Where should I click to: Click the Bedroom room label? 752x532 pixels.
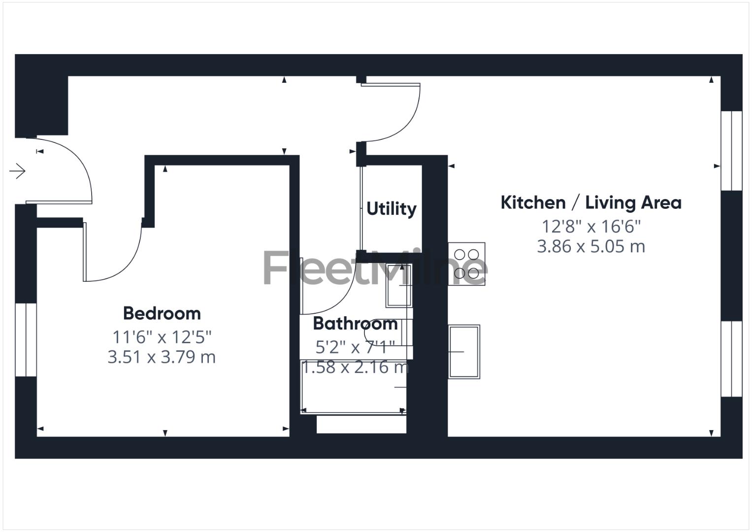point(162,313)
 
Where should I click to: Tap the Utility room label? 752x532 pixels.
point(392,209)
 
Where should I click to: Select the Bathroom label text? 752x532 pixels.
point(355,324)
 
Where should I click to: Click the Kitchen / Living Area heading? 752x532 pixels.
point(591,202)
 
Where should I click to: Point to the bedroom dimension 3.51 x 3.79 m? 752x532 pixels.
point(162,357)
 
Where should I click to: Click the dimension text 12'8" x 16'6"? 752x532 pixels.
point(591,227)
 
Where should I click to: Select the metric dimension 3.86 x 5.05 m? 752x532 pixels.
point(591,246)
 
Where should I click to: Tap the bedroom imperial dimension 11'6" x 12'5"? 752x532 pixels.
point(162,337)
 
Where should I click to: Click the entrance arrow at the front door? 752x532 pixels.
point(18,171)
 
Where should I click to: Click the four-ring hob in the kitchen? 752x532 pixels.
point(466,264)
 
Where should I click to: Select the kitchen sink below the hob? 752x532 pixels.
point(464,351)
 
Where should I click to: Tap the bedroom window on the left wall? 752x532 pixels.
point(26,339)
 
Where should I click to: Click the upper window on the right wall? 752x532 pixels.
point(731,151)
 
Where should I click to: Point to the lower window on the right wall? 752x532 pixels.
point(731,359)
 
